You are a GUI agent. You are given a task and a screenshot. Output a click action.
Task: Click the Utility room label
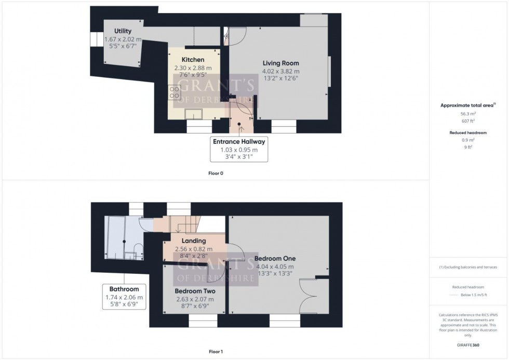click(123, 31)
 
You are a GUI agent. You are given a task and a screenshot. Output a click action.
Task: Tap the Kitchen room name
click(193, 60)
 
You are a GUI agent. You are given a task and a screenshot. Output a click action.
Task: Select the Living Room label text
click(280, 63)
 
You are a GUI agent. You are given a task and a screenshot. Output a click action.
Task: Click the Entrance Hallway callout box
click(238, 149)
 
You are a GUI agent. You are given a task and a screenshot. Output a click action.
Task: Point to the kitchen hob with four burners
click(174, 93)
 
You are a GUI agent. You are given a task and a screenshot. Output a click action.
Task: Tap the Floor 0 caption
click(215, 173)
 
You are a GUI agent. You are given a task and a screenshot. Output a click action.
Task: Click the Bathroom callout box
click(124, 297)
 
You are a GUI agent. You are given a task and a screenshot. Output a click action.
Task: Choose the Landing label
click(193, 241)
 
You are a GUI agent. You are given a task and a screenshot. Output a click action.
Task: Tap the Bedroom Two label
click(195, 291)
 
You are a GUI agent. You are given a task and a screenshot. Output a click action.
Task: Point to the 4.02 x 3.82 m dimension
click(280, 71)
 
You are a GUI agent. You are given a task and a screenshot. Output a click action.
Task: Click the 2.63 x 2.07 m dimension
click(195, 299)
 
